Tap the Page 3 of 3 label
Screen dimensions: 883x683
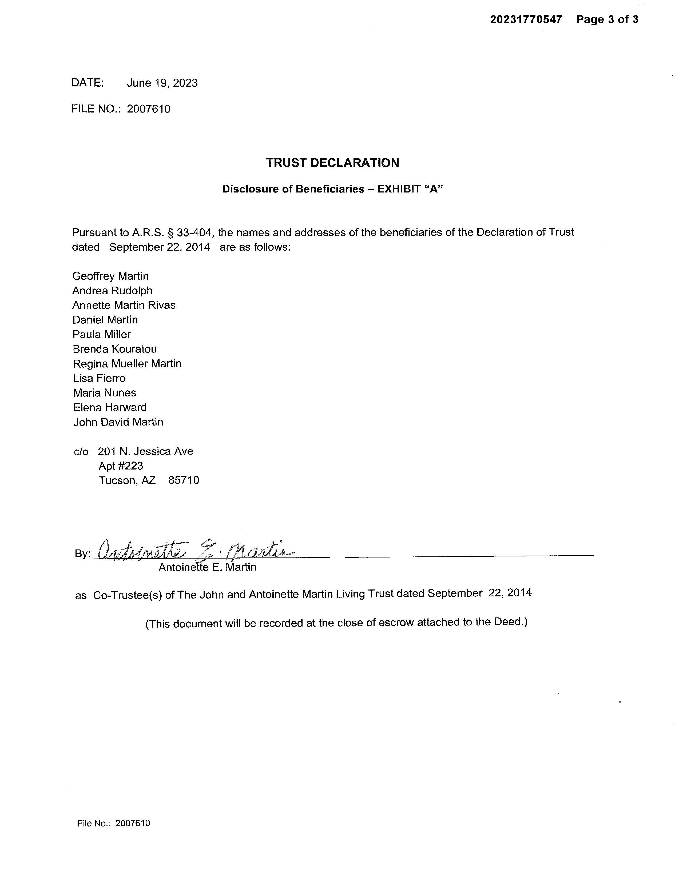tap(607, 19)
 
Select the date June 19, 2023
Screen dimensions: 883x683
tap(162, 83)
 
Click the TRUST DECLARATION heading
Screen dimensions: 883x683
tap(332, 163)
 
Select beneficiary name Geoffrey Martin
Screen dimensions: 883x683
tap(110, 276)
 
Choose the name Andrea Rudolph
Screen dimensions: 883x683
tap(113, 291)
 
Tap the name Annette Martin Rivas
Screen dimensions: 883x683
tap(124, 305)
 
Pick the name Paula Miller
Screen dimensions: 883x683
tap(102, 334)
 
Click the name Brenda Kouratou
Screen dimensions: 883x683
tap(114, 349)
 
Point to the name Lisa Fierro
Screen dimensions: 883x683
tap(99, 378)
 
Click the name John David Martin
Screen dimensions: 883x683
tap(118, 422)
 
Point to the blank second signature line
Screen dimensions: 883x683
tap(469, 556)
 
